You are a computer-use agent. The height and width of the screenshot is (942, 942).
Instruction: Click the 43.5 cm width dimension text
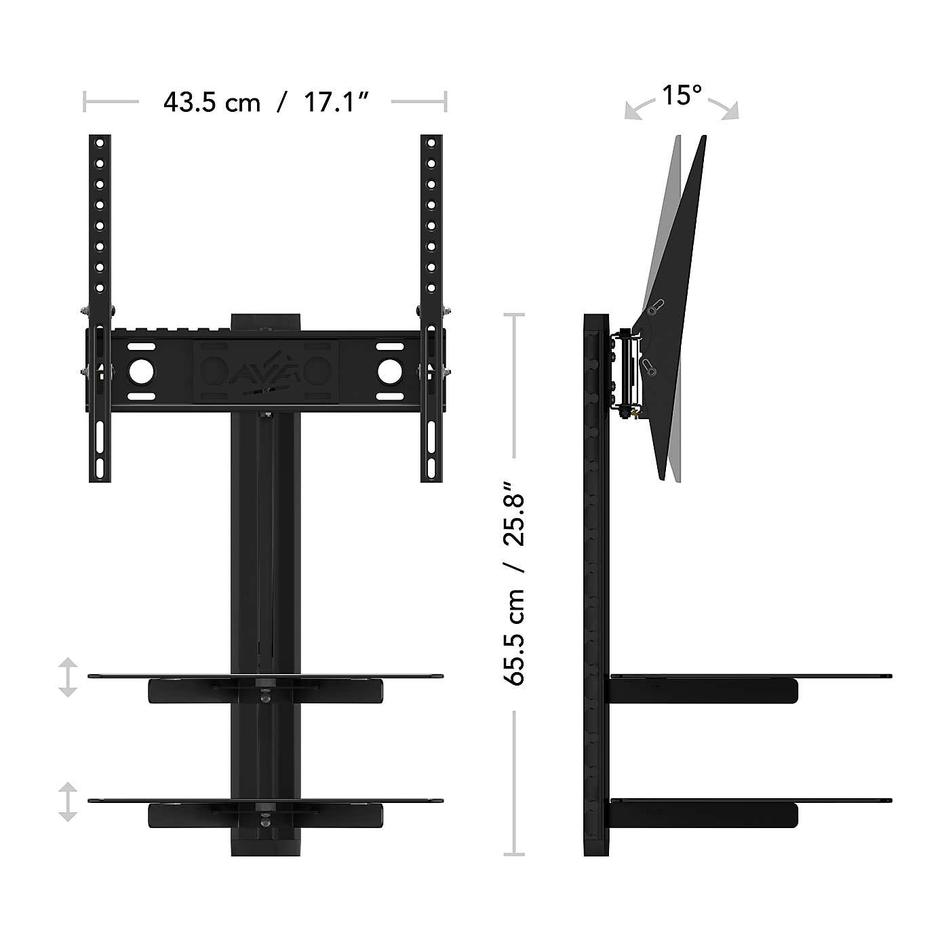[x=212, y=102]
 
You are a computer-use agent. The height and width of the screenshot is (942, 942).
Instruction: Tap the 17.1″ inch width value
[x=336, y=102]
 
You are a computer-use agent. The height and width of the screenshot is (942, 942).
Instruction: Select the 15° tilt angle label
[x=682, y=96]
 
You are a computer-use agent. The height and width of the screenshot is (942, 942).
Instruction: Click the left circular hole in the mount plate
[x=142, y=371]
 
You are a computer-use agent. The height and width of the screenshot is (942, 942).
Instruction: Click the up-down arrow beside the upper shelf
[x=67, y=677]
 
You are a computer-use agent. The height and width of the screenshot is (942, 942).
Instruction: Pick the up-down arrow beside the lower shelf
[x=67, y=802]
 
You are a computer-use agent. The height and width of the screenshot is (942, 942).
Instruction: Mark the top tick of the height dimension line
[x=514, y=315]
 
